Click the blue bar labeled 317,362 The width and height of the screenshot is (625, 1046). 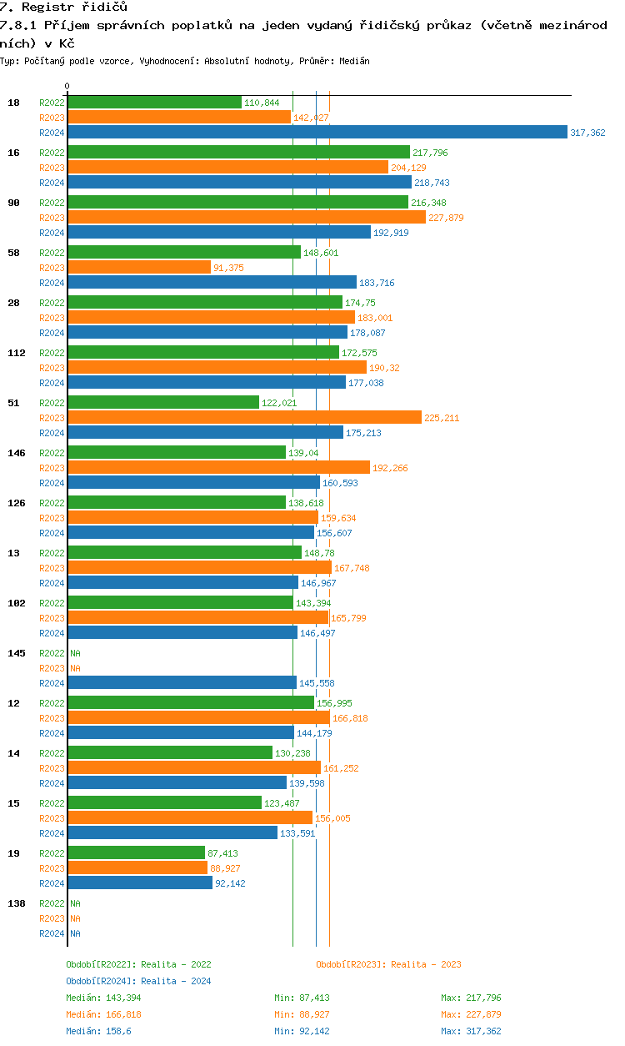click(x=317, y=133)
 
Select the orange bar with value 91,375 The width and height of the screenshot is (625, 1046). click(x=139, y=267)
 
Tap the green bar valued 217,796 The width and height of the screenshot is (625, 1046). click(x=238, y=152)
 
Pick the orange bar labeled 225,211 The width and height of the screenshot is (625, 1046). click(x=244, y=417)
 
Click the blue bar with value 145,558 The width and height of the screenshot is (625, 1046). click(x=182, y=683)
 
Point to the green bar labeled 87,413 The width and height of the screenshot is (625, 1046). click(x=136, y=852)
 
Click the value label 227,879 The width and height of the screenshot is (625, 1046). click(x=445, y=218)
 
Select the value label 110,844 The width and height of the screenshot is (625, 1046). click(x=262, y=103)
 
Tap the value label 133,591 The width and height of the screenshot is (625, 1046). click(x=297, y=833)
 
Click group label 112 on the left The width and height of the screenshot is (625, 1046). click(x=17, y=353)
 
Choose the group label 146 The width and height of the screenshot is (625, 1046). click(x=17, y=453)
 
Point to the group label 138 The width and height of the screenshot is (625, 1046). click(x=17, y=903)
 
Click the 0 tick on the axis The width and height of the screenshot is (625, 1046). click(x=67, y=86)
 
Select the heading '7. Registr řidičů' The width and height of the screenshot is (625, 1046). click(x=63, y=7)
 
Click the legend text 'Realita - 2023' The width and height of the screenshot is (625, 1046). click(x=426, y=964)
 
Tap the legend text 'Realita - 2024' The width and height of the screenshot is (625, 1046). click(x=176, y=981)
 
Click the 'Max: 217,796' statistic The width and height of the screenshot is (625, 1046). click(x=471, y=998)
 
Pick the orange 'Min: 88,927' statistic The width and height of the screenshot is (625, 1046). click(x=304, y=1014)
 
